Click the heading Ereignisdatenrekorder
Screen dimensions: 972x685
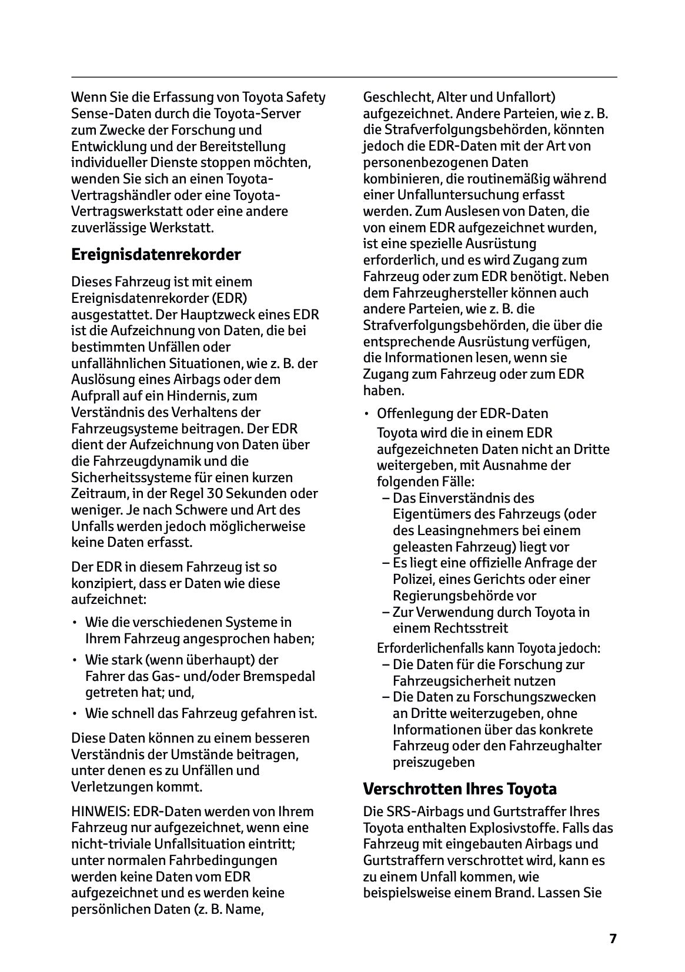pyautogui.click(x=156, y=255)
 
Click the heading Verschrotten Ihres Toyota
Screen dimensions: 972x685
pyautogui.click(x=460, y=788)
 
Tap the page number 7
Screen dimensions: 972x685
pyautogui.click(x=613, y=938)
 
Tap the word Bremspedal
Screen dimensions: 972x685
pyautogui.click(x=278, y=676)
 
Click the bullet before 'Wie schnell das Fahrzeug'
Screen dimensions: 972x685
pyautogui.click(x=75, y=714)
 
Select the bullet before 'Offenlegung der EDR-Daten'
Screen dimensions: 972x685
pyautogui.click(x=367, y=413)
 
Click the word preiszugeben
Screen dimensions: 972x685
pyautogui.click(x=433, y=762)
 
